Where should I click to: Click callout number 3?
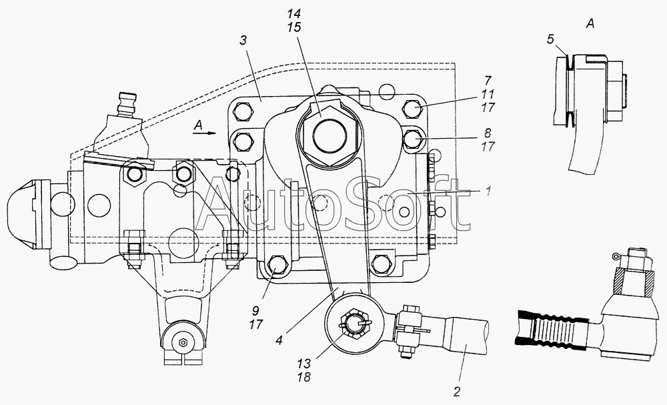(x=243, y=41)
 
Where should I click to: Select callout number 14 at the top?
(x=293, y=14)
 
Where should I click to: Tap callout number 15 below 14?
(x=293, y=27)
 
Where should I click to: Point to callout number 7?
(x=488, y=81)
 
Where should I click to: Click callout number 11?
(x=488, y=94)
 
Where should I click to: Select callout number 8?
(x=488, y=133)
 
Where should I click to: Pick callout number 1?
(x=488, y=191)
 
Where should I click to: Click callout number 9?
(x=255, y=311)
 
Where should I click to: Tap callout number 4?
(x=279, y=340)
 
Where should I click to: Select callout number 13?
(x=303, y=364)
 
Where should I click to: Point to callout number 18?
(x=303, y=377)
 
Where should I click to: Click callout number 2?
(x=456, y=392)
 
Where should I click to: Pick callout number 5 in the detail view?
(x=550, y=39)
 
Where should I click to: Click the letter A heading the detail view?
(x=590, y=24)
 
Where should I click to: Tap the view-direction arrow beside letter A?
(x=205, y=133)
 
